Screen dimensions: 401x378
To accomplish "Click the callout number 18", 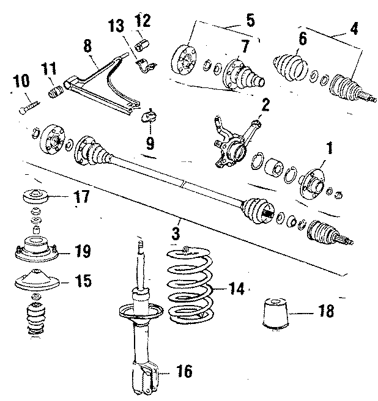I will tap(327, 312).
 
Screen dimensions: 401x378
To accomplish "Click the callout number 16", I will tap(185, 370).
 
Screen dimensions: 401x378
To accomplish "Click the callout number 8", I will tap(87, 46).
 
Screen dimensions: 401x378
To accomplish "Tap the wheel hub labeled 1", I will tap(312, 182).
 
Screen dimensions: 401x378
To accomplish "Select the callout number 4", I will tap(352, 29).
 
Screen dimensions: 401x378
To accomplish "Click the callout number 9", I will tap(150, 144).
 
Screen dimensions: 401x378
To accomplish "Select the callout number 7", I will tap(245, 46).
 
